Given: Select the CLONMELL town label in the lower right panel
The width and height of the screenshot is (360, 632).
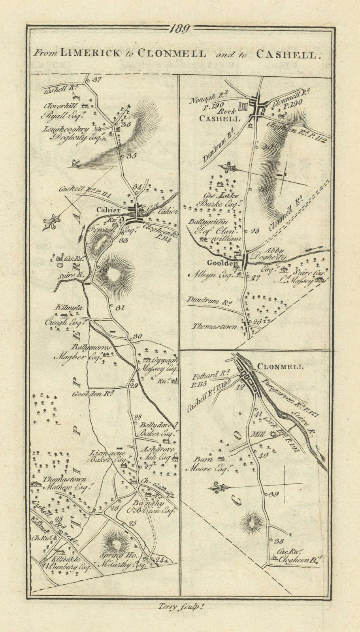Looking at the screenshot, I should [x=280, y=367].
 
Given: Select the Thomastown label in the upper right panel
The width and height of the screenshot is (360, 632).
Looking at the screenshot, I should [x=214, y=327].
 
